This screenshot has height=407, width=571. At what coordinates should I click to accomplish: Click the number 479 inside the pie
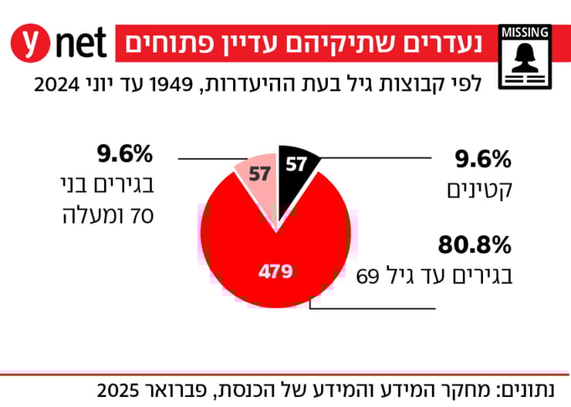click(275, 271)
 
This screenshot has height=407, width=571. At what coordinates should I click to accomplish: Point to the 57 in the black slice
click(296, 164)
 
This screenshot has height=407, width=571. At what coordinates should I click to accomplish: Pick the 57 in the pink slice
click(258, 173)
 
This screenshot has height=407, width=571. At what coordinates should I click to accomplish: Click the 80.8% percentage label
click(475, 246)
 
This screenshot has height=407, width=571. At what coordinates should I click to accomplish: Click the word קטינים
click(480, 189)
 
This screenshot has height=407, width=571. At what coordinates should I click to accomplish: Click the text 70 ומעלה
click(108, 214)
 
